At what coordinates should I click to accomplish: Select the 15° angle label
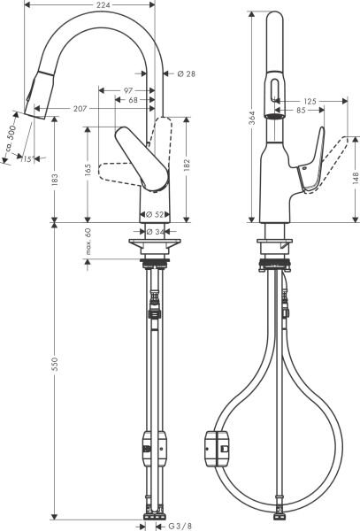(26, 158)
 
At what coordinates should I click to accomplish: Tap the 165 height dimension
(89, 169)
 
